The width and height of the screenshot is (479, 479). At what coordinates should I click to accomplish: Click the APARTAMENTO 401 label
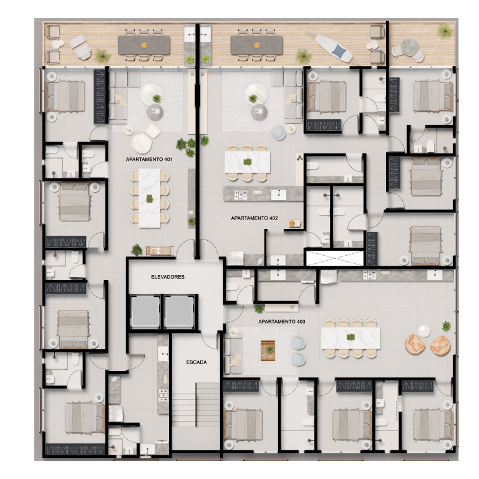coord(148,160)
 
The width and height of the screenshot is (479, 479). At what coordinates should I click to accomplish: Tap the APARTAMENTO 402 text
coord(254,219)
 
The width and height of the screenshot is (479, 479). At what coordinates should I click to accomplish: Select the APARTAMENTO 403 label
coord(281,321)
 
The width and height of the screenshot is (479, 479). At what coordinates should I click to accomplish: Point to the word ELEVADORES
coord(168,276)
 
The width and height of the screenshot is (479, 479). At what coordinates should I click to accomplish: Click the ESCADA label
coord(196,362)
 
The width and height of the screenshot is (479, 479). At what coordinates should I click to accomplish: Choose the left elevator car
coord(145,310)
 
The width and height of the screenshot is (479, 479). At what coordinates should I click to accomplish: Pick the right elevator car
coord(180,310)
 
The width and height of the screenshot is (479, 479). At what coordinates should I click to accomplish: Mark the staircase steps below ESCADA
coord(196,405)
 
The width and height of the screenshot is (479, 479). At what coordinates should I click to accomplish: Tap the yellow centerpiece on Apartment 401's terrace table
coord(144,44)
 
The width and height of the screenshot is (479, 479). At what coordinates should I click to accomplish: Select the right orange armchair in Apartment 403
coord(440,346)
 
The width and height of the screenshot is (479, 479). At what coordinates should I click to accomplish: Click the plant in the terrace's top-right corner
coord(443,30)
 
